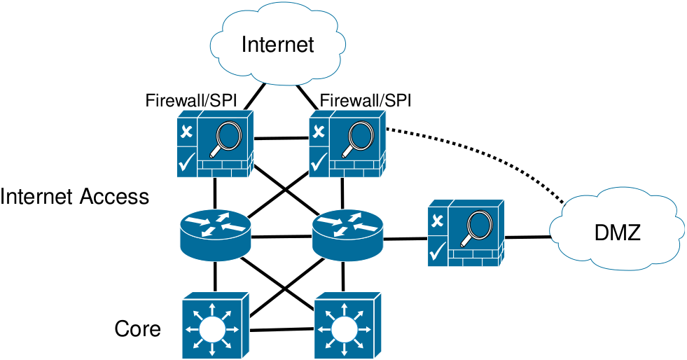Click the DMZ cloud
pos(616,232)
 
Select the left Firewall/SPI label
pos(191,100)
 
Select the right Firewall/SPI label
pos(364,100)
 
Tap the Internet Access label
pos(75,197)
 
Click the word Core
pos(137,328)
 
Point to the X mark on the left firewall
pos(186,131)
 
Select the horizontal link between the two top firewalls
pos(280,138)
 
